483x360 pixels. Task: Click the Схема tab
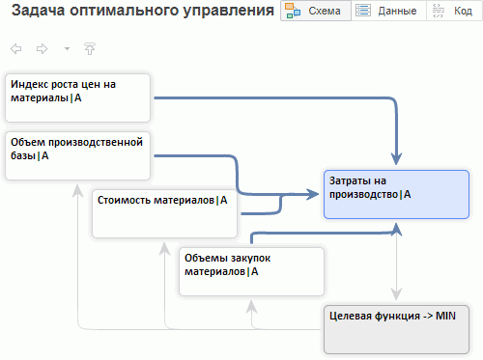pos(316,11)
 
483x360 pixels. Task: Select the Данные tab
pos(388,11)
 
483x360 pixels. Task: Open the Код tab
pos(454,11)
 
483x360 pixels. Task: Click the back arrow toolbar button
pos(15,49)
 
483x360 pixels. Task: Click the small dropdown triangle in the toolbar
pos(67,49)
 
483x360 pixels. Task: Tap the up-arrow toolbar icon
pos(90,49)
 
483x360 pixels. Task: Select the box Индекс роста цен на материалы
pos(77,97)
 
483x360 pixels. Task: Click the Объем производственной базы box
pos(77,155)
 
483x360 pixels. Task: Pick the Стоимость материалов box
pos(164,213)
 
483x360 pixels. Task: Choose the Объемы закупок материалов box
pos(251,271)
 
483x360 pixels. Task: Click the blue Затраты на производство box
pos(396,194)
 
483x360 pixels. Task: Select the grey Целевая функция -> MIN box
pos(396,329)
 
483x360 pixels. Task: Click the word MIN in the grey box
pos(445,316)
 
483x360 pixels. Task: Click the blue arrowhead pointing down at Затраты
pos(396,159)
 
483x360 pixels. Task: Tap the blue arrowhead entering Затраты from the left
pos(313,194)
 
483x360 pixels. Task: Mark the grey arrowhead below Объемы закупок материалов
pos(251,306)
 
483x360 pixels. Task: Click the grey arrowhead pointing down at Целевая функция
pos(396,294)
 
